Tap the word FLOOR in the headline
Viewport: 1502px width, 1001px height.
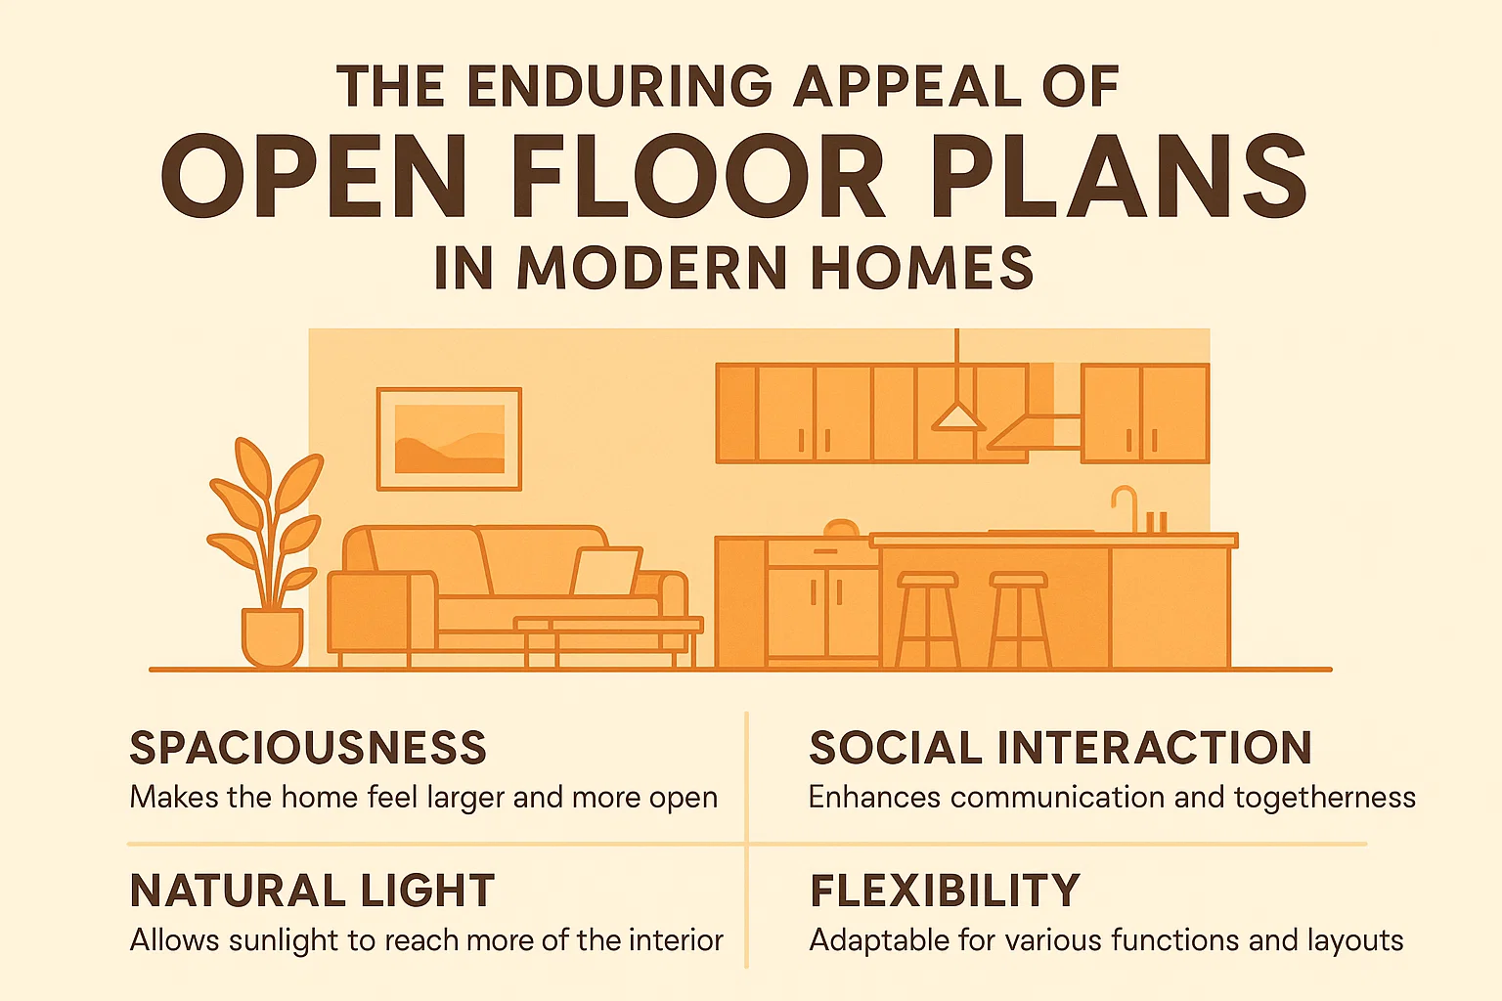pyautogui.click(x=697, y=178)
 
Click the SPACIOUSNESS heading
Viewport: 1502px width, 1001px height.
pyautogui.click(x=308, y=748)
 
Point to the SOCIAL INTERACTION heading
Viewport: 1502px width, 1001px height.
pyautogui.click(x=1060, y=748)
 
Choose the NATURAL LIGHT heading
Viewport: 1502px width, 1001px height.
pyautogui.click(x=312, y=891)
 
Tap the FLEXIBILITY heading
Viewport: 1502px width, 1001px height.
pyautogui.click(x=945, y=891)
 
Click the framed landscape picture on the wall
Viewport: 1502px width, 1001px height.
pyautogui.click(x=449, y=439)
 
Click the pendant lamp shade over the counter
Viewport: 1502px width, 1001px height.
pyautogui.click(x=957, y=417)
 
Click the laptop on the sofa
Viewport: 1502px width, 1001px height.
pyautogui.click(x=605, y=572)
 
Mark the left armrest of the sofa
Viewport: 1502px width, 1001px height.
pyautogui.click(x=368, y=610)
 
